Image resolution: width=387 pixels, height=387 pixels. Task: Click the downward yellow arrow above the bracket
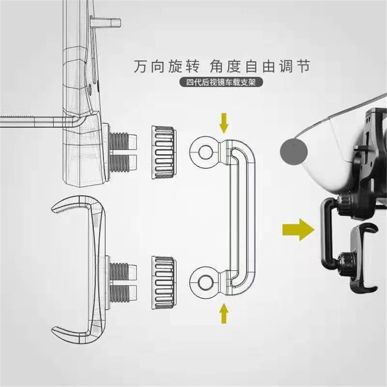point(224,123)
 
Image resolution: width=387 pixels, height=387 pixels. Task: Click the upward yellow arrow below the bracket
point(224,313)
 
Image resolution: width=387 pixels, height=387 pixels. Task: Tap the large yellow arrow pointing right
point(298,229)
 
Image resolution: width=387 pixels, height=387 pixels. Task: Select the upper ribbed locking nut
point(164,152)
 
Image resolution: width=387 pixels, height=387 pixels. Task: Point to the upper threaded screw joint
point(122,151)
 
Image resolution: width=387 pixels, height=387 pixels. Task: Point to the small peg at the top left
point(105,23)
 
